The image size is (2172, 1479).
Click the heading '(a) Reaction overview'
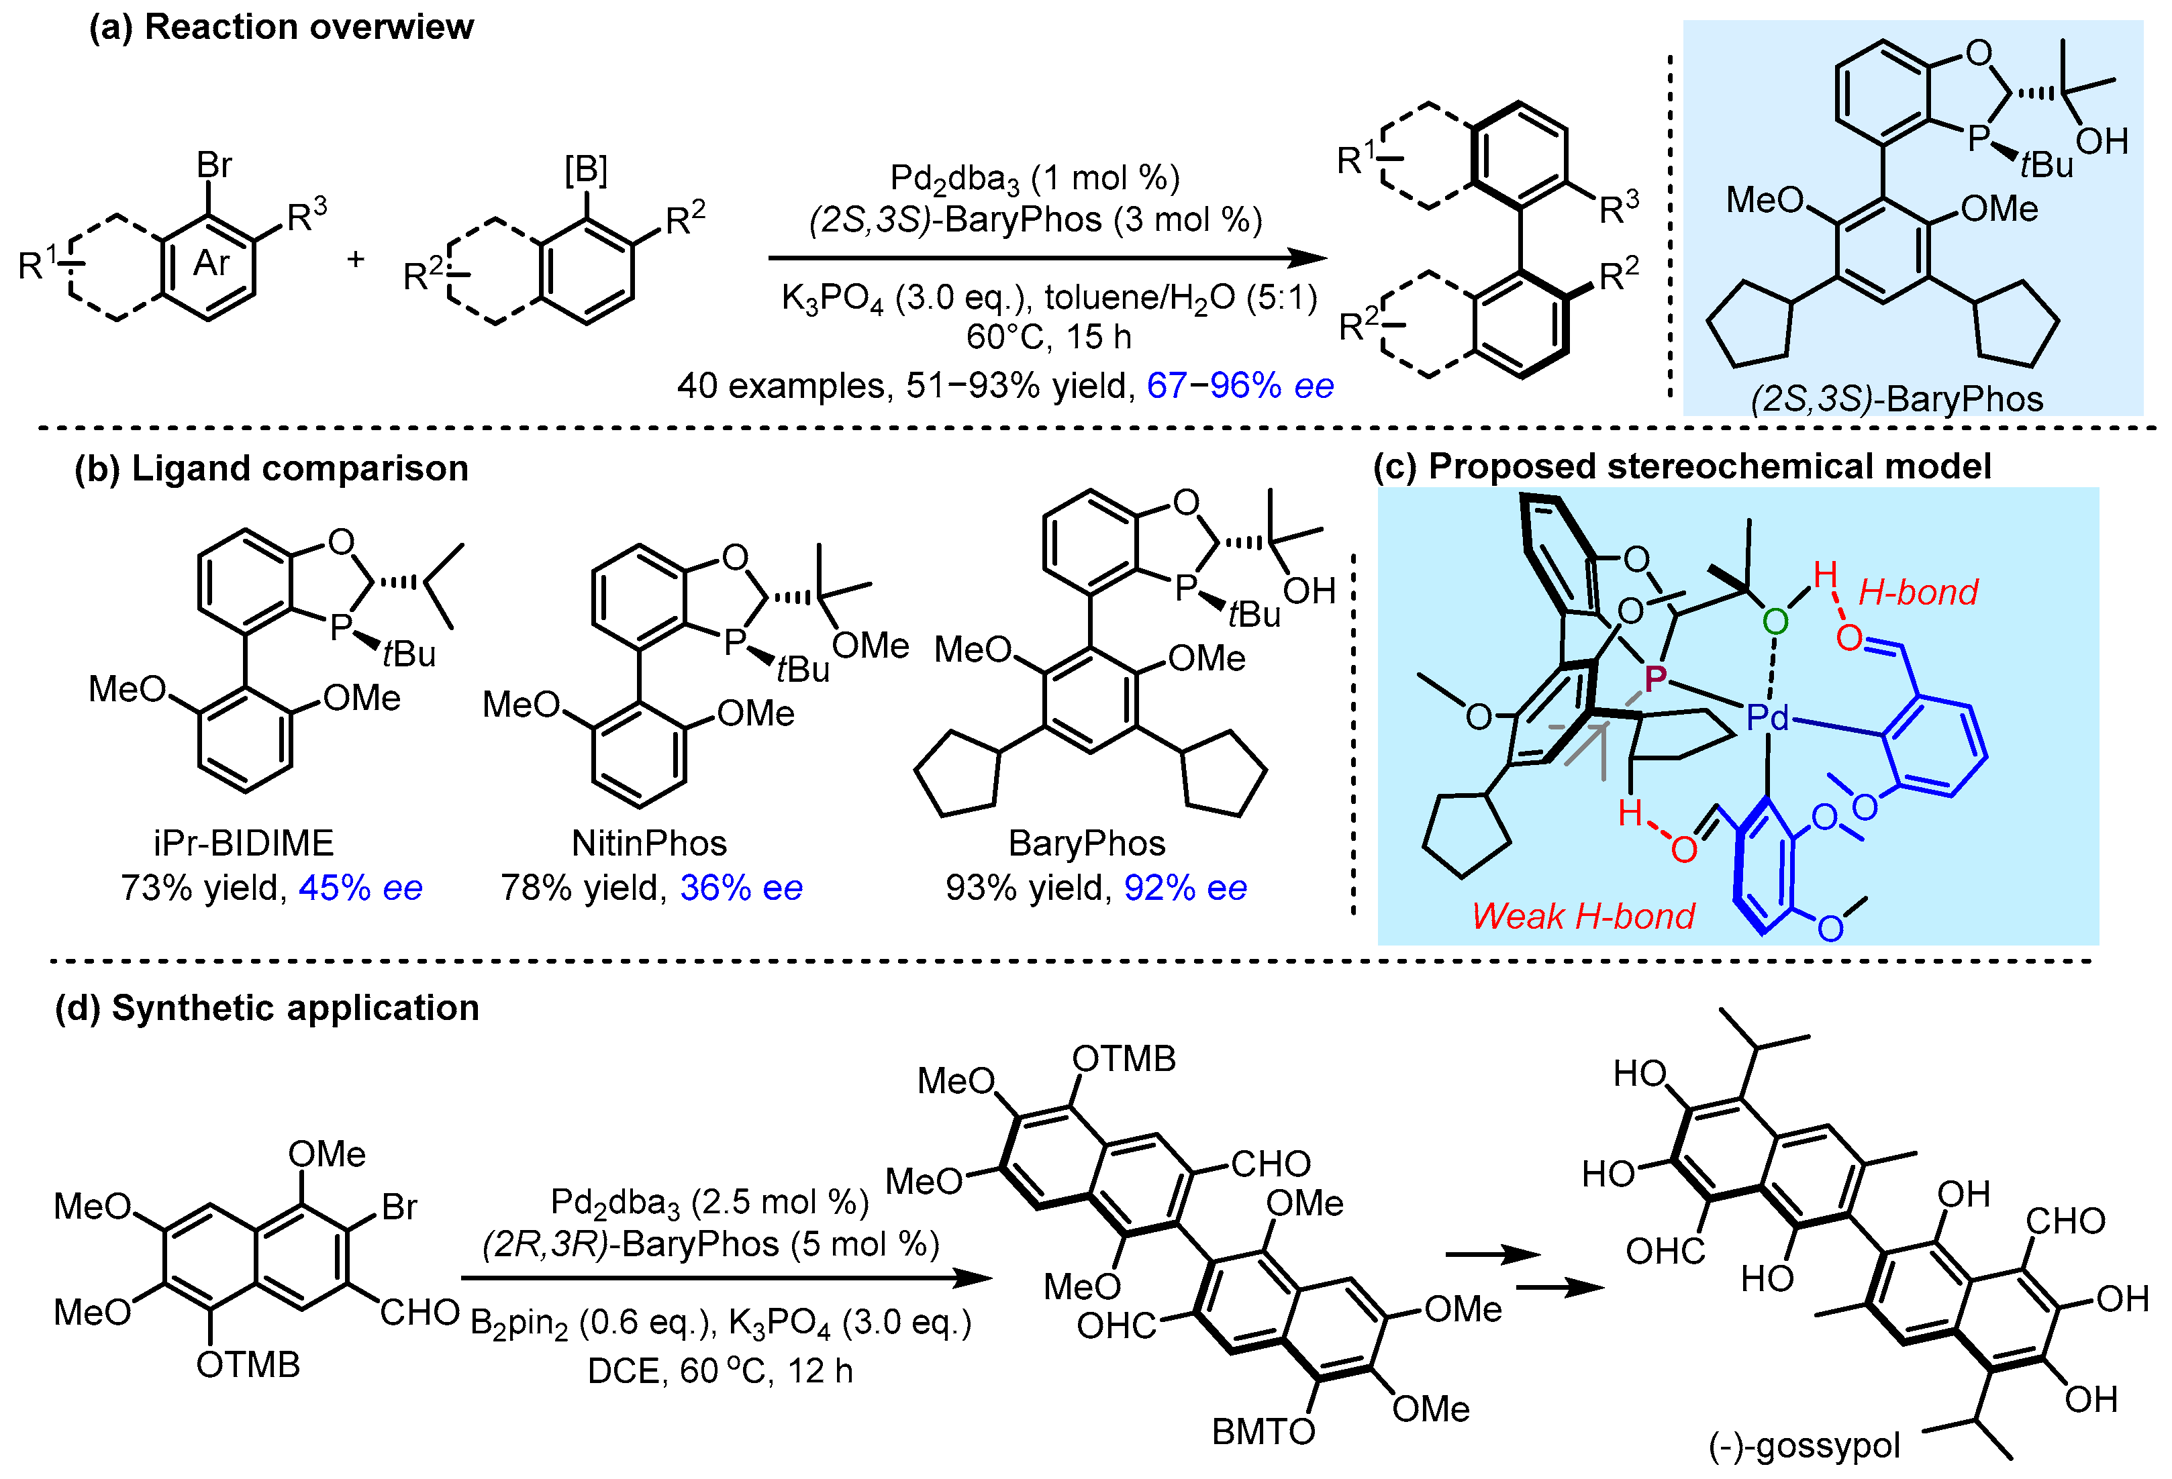[281, 28]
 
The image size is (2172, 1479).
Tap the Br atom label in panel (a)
[214, 165]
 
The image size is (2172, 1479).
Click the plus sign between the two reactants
[355, 259]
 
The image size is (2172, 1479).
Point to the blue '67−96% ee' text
[1240, 385]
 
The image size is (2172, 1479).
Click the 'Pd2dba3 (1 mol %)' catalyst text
[1034, 178]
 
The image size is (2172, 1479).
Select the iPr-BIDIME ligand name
[243, 843]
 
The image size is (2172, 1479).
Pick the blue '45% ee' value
[360, 888]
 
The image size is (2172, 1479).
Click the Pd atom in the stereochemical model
[1767, 717]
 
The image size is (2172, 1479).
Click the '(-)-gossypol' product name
[1804, 1445]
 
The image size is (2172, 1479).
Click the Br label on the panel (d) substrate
[399, 1207]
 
